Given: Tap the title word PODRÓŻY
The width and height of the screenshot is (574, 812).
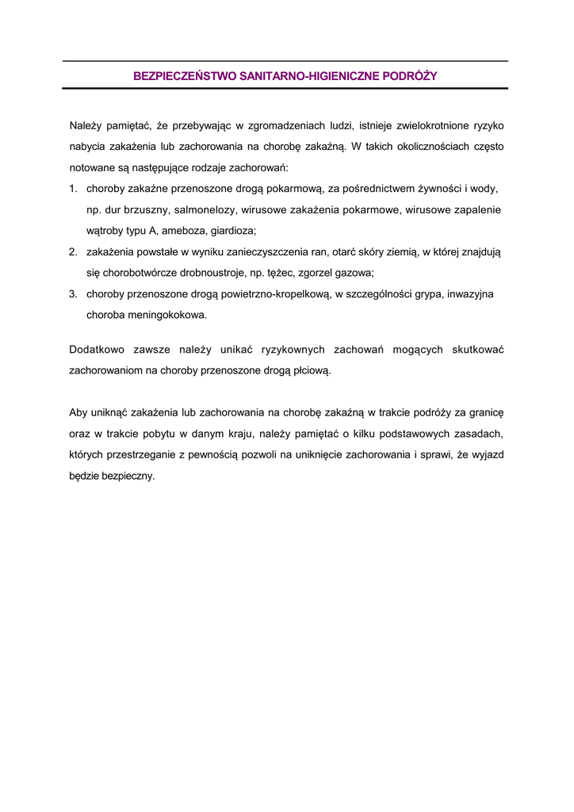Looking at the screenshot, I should (411, 76).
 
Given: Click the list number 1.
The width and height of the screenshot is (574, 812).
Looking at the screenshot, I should (72, 189).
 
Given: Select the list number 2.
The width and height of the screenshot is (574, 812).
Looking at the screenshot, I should (72, 252).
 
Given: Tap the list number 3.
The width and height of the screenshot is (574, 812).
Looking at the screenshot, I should (72, 294).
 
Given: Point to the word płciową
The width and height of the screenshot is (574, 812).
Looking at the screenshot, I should (312, 370).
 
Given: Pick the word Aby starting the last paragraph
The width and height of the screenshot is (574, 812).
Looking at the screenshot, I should (78, 413).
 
